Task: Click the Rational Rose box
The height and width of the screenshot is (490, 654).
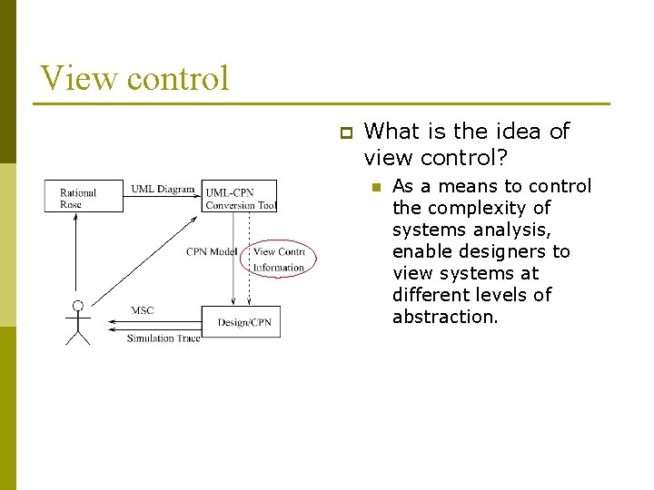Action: pos(84,196)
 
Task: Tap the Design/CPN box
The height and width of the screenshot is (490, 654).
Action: pos(244,322)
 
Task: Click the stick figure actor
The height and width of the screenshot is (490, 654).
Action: pos(78,323)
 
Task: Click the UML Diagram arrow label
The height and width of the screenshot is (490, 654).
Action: pos(163,189)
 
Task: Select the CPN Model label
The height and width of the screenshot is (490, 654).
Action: pos(211,251)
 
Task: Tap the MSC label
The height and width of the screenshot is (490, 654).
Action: pos(143,310)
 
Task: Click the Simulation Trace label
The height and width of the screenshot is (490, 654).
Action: pos(163,338)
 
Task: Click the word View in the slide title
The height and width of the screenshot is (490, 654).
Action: pos(79,78)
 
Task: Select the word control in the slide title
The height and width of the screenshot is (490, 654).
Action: pos(178,78)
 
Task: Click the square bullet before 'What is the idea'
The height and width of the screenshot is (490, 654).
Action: pos(344,132)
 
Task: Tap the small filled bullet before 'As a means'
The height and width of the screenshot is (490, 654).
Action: pos(373,187)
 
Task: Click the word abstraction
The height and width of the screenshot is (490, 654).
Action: pos(445,317)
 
